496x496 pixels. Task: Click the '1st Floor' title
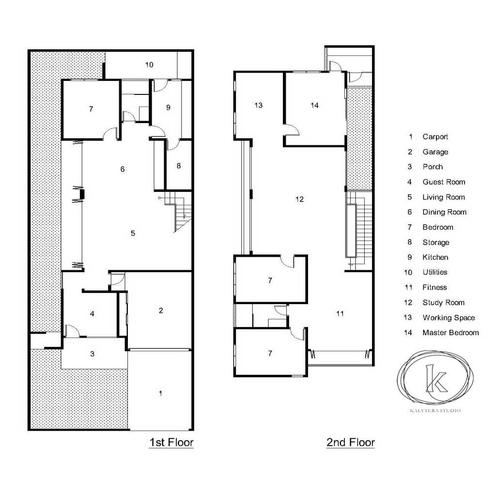[171, 442]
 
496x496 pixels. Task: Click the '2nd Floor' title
[350, 442]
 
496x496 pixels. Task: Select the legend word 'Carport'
[435, 137]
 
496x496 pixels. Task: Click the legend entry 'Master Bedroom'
[450, 333]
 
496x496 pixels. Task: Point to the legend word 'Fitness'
[434, 288]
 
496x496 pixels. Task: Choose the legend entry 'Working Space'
[449, 318]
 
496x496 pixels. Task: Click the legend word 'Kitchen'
[435, 258]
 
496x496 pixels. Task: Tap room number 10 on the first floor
[150, 64]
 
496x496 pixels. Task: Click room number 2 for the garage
[161, 310]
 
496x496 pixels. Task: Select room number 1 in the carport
[160, 393]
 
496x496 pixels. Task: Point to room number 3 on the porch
[92, 354]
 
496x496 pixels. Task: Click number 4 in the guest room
[92, 314]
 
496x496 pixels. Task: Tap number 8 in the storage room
[179, 166]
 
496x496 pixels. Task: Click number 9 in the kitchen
[168, 108]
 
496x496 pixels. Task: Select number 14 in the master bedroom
[315, 106]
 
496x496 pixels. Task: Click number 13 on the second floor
[259, 105]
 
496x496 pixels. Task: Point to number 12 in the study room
[299, 199]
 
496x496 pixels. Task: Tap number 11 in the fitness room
[340, 313]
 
